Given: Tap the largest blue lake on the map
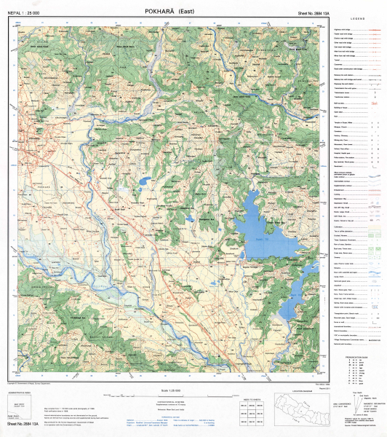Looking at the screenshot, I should click(262, 226).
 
